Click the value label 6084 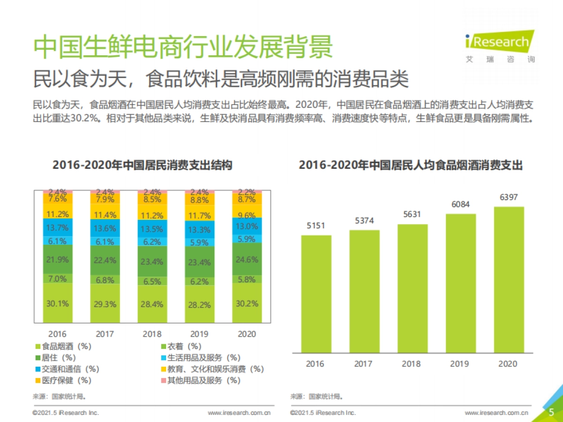coord(460,204)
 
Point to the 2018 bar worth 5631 coord(412,288)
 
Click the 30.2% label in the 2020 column coord(247,303)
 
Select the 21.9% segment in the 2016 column coord(58,259)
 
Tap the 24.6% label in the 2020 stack coord(247,258)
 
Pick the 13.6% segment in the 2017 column coord(105,228)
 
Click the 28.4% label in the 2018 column coord(152,304)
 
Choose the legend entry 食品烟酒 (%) coord(63,347)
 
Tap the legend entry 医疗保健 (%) coord(63,380)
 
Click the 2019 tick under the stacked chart coord(199,334)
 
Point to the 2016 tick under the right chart coord(315,363)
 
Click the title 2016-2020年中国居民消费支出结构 coord(142,165)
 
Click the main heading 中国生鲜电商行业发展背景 coord(183,47)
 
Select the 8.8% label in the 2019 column coord(199,200)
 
